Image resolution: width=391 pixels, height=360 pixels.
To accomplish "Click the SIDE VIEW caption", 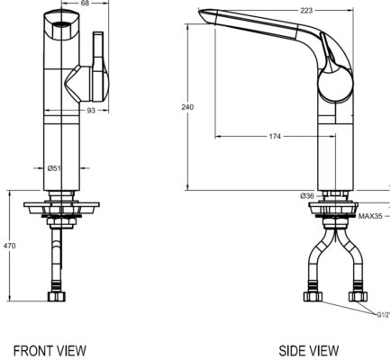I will pyautogui.click(x=308, y=349).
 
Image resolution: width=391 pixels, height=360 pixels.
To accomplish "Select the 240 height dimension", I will pyautogui.click(x=187, y=107).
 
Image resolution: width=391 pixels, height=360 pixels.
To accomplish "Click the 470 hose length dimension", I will pyautogui.click(x=10, y=245).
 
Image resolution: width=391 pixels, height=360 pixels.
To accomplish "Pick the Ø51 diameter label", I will pyautogui.click(x=54, y=166).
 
